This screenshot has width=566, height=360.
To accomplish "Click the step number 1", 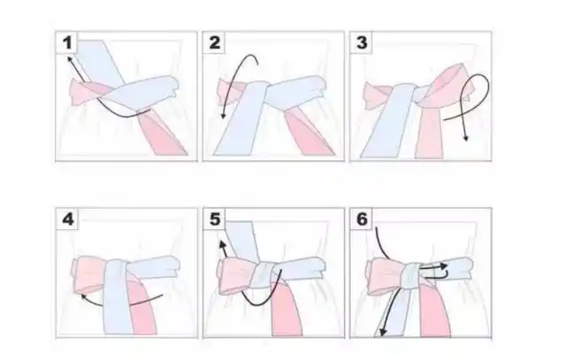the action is pos(67,43).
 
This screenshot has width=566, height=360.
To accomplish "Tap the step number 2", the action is pos(214,43).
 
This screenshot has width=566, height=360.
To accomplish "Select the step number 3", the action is pos(362,43).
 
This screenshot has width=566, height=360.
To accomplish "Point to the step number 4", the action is pos(68,219).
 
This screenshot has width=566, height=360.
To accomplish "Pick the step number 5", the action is pos(215,219).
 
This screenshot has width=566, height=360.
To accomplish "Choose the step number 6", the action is pos(362,219).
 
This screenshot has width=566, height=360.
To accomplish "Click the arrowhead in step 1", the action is pos(69,58).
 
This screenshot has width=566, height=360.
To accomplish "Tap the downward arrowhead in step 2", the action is pos(224,116).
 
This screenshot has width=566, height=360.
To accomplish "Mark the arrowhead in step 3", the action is pos(466,138).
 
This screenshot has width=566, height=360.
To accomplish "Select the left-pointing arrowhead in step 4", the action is pos(84,297).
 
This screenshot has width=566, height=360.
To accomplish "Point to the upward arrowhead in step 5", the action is pos(222,245).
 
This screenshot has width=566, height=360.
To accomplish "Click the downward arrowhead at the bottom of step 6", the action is pos(383,333).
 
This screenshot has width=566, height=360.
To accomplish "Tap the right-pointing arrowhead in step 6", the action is pos(445,266).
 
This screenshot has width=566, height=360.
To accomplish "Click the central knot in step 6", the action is pos(411,276).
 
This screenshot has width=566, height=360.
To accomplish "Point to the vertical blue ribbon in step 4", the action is pos(118,296).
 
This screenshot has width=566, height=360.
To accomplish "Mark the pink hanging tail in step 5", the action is pos(286,310).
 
